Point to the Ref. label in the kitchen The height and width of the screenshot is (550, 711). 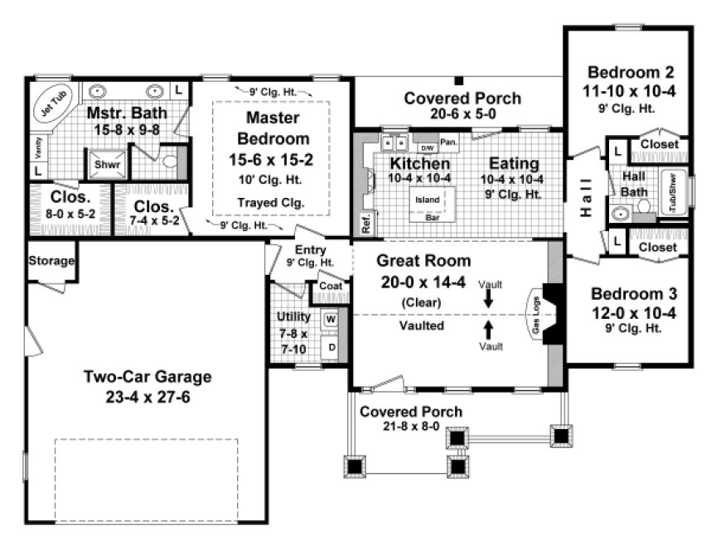click(365, 223)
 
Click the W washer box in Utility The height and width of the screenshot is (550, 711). click(330, 318)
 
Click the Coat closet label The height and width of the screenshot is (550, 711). click(331, 287)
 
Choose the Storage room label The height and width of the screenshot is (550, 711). click(52, 261)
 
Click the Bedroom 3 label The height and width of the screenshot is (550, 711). click(634, 293)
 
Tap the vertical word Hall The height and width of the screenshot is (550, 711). click(585, 198)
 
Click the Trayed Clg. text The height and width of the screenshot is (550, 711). click(272, 201)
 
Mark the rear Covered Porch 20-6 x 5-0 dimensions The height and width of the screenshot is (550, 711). click(462, 115)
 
